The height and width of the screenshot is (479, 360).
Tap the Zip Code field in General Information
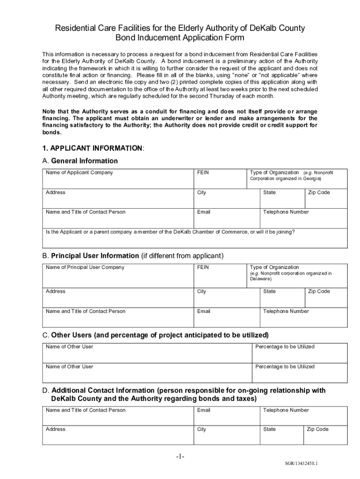326,200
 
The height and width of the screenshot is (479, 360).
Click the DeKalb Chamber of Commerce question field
195,239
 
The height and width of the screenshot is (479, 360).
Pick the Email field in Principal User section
226,318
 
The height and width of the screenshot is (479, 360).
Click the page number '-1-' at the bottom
180,457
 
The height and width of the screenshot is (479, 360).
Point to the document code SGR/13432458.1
301,464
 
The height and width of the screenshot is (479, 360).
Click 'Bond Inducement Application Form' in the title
180,38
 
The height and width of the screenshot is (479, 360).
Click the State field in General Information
282,200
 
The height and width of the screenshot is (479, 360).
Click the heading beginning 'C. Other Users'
155,335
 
